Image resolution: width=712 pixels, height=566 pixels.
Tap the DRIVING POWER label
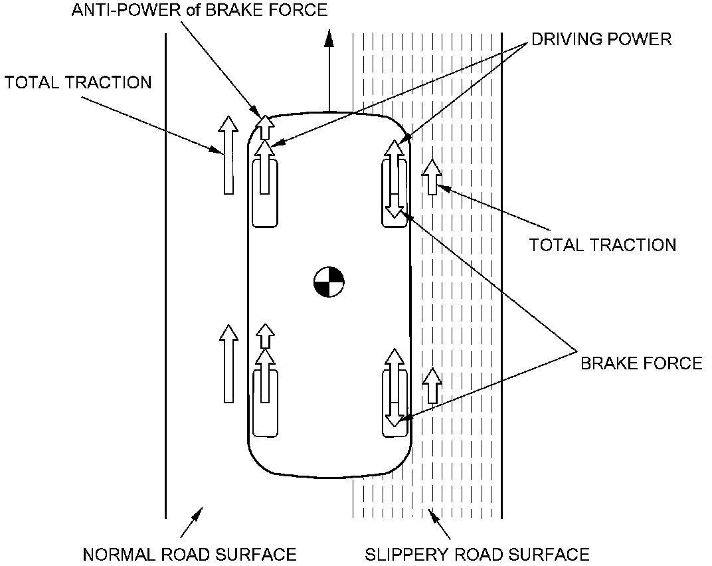click(x=601, y=39)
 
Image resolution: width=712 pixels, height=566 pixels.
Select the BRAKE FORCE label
click(x=641, y=363)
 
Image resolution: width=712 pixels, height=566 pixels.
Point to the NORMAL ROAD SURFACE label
click(x=189, y=554)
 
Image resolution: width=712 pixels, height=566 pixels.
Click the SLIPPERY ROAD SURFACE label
click(x=477, y=554)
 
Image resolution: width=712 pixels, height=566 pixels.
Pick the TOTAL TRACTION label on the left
click(x=78, y=82)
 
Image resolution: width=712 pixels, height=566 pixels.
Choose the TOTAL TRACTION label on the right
click(x=602, y=245)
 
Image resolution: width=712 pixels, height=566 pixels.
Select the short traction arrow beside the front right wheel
click(x=432, y=177)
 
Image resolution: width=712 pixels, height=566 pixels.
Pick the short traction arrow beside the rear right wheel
click(x=432, y=385)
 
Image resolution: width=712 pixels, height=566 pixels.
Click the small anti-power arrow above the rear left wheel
click(x=266, y=336)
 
